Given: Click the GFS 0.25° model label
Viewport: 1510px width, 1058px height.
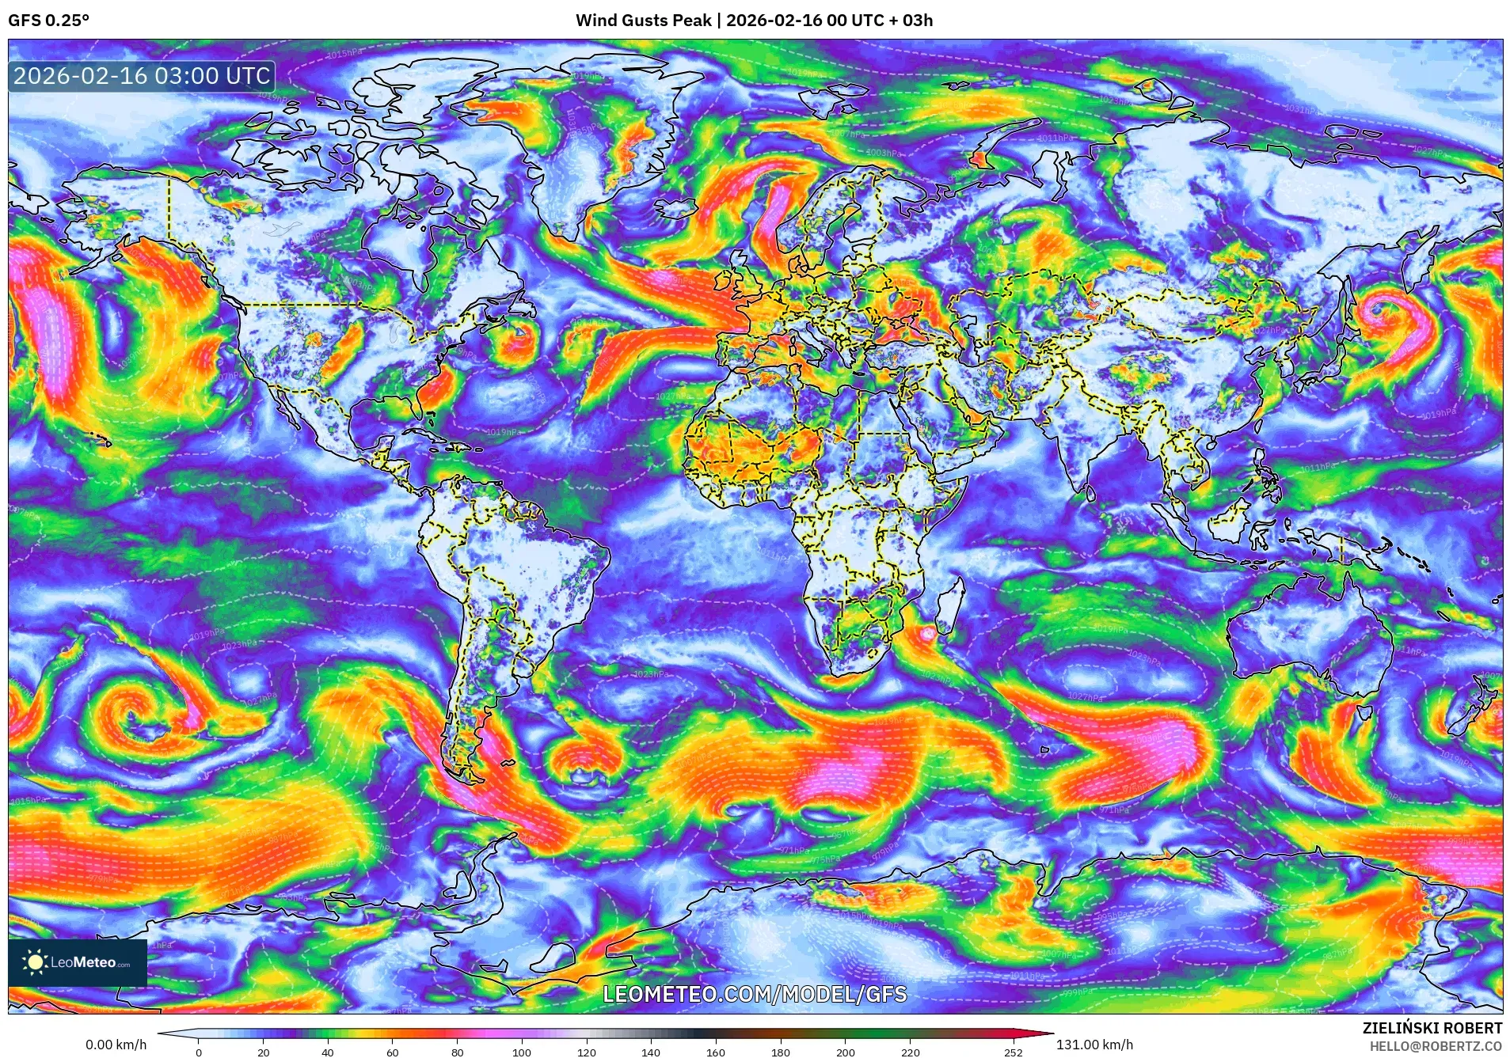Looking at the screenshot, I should coord(48,21).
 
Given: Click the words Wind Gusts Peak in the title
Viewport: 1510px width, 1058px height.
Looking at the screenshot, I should coord(643,21).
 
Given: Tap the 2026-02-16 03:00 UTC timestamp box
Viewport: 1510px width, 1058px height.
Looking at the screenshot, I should coord(142,76).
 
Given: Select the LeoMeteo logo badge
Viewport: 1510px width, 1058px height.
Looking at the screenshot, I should coord(78,962).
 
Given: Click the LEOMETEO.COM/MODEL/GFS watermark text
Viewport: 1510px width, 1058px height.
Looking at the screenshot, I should coord(755,994).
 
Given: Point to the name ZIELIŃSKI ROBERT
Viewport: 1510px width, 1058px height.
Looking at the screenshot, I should coord(1432,1028).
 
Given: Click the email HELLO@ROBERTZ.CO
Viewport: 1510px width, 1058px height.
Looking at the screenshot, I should coord(1435,1046).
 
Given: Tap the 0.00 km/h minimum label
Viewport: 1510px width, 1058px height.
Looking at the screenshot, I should coord(116,1045).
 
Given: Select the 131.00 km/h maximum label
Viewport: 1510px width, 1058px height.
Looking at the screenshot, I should coord(1094,1045).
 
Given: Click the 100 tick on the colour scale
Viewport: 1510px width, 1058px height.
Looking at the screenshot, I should coord(521,1052).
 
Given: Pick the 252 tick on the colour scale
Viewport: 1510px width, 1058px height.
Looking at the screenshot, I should coord(1014,1052).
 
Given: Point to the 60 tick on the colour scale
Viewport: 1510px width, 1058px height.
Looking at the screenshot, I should coord(392,1052).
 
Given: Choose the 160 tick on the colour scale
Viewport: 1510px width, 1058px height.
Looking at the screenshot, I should coord(715,1052).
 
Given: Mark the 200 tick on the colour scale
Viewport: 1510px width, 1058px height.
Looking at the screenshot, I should coord(845,1052).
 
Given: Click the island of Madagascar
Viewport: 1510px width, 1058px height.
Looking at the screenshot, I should coord(951,605).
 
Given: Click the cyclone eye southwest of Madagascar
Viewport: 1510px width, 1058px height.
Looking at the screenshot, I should coord(926,633).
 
